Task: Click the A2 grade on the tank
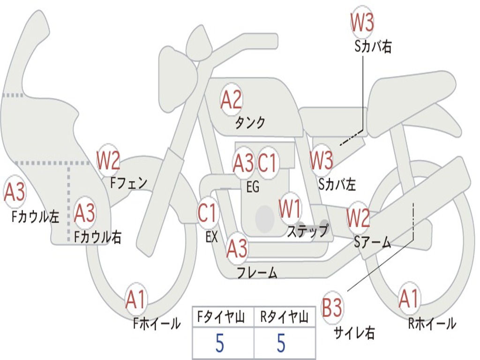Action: coord(231,100)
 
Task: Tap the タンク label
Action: coord(250,123)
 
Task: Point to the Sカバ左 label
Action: coord(337,184)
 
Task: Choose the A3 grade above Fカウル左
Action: coord(15,192)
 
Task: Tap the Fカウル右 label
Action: coord(98,237)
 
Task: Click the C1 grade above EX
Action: coord(207,213)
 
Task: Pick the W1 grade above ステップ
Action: coord(290,209)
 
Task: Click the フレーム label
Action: coord(257,272)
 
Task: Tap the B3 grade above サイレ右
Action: coord(332,308)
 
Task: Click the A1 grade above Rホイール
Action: coord(409,299)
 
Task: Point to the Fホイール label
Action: coord(156,323)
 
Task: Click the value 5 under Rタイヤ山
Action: coord(281,344)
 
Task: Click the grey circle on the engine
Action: coord(265,217)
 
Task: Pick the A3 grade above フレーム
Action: coord(237,248)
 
